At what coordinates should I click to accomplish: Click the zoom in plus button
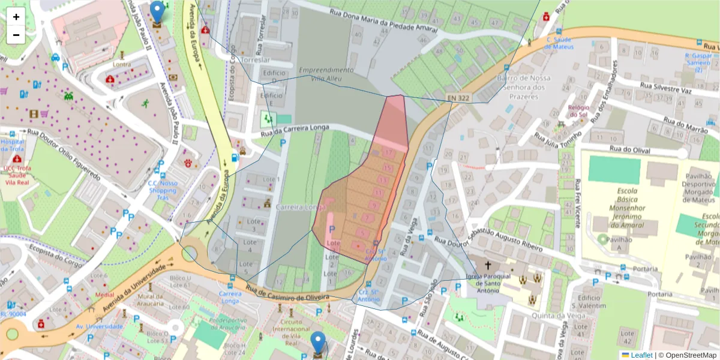point(16,17)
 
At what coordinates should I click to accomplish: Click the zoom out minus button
point(16,35)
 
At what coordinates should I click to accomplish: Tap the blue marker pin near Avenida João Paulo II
point(157,12)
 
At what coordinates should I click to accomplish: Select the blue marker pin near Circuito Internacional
point(317,343)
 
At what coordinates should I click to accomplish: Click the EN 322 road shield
point(459,97)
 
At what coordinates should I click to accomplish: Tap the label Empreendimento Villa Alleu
point(326,74)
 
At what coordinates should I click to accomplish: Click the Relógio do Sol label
point(578,111)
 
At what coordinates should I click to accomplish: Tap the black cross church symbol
point(488,265)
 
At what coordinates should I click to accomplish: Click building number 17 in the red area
point(389,153)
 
